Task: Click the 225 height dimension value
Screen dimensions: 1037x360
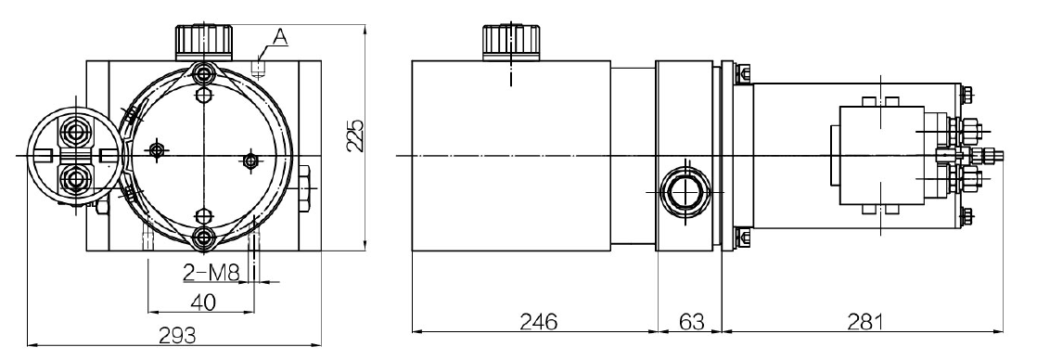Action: click(355, 136)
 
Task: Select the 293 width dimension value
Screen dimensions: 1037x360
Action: click(176, 336)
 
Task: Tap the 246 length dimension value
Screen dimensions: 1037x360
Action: click(538, 322)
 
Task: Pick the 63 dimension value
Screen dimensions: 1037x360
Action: click(692, 322)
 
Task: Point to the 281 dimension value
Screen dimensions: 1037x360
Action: click(865, 322)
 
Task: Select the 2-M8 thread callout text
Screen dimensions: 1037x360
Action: click(211, 273)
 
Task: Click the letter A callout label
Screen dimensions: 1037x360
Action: click(280, 38)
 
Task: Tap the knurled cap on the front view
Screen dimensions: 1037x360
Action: click(204, 42)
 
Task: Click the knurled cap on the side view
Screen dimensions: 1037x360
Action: click(511, 43)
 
